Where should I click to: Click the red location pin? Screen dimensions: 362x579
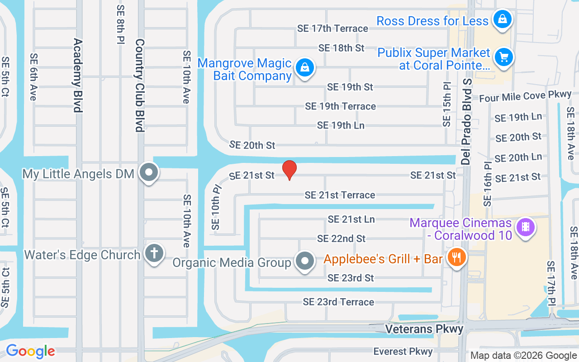coord(289,170)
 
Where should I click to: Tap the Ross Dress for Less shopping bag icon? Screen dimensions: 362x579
coord(502,19)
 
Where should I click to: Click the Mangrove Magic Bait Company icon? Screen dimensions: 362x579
coord(305,68)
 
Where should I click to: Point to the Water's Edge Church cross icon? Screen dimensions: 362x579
coord(154,253)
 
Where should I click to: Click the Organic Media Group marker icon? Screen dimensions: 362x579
coord(305,261)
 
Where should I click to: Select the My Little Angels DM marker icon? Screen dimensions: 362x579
coord(149,172)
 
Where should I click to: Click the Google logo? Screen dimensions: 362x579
coord(30,351)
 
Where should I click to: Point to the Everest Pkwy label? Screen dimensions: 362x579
coord(403,352)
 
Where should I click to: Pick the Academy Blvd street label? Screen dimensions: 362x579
coord(78,75)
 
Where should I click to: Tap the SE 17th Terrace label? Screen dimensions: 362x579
coord(332,29)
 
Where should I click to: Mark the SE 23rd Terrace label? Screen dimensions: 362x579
coord(338,302)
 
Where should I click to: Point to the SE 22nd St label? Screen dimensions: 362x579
coord(341,238)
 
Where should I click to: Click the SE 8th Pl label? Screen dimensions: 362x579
coord(120,25)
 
